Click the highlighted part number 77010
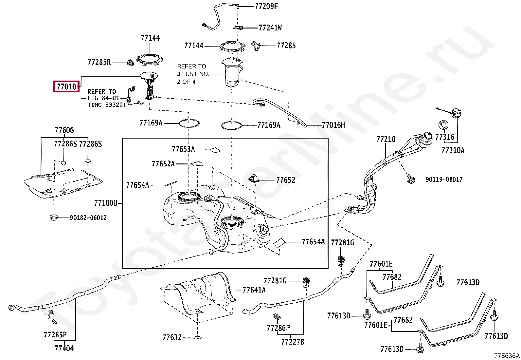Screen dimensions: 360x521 coord(66,87)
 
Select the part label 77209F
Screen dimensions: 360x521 coord(266,6)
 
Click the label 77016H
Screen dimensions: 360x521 coord(333,125)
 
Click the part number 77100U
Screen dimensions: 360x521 coord(105,203)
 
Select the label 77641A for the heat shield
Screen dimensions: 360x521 coord(254,290)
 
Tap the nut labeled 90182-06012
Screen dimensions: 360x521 coord(53,218)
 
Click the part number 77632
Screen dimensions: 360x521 coord(172,337)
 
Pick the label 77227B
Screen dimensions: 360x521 coord(293,342)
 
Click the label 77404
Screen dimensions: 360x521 coord(64,349)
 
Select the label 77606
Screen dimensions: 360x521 coord(64,130)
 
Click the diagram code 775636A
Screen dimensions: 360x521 coord(507,356)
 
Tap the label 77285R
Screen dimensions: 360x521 coord(99,62)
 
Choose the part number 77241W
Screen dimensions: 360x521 coord(270,28)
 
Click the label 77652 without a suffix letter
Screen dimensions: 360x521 coord(285,180)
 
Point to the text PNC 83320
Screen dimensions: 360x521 coord(107,105)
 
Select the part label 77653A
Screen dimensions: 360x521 coord(183,149)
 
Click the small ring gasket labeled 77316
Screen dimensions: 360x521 coord(443,125)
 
